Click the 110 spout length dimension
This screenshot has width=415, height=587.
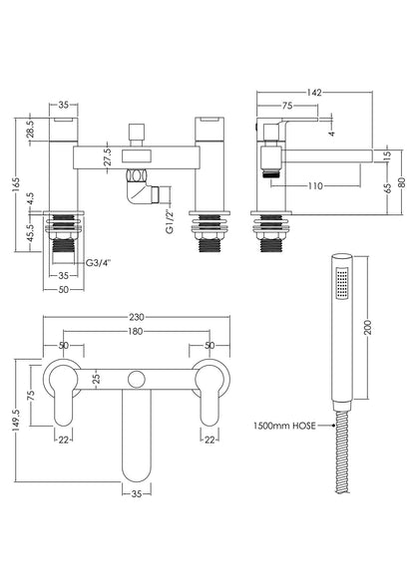click(x=316, y=185)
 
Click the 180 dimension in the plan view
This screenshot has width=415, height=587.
click(x=136, y=332)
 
